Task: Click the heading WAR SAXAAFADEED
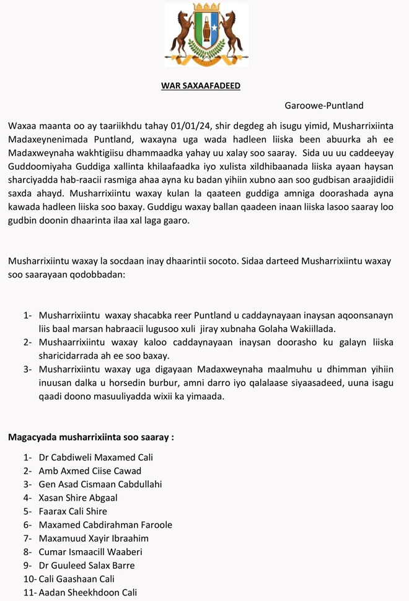coord(200,86)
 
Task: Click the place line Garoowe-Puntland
coord(324,105)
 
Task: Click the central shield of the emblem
coord(206,34)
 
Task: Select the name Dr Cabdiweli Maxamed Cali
coord(95,457)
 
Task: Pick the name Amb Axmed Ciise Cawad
coord(90,471)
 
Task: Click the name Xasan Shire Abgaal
coord(78,498)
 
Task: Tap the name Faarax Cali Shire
coord(73,511)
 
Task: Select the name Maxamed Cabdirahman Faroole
coord(105,525)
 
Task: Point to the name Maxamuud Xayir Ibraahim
coord(94,538)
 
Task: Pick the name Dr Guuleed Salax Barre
coord(86,565)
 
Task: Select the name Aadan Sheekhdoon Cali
coord(87,592)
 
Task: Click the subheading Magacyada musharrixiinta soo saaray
coord(90,437)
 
